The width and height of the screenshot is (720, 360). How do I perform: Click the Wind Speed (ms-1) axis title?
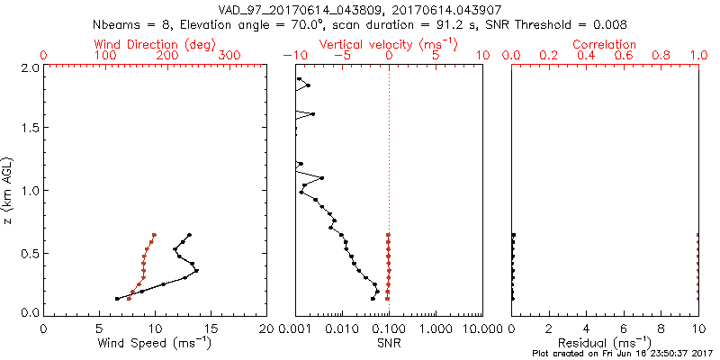click(x=156, y=343)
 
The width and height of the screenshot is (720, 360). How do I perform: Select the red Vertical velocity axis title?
click(x=388, y=43)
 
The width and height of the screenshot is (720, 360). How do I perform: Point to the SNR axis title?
click(x=389, y=343)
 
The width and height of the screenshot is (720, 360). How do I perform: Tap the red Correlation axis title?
click(x=605, y=43)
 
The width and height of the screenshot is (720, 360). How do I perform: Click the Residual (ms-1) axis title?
click(x=605, y=343)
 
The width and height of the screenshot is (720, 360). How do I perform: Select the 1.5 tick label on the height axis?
click(x=30, y=128)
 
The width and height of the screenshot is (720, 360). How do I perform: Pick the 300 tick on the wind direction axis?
click(x=229, y=56)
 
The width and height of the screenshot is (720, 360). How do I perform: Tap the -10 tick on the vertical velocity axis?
click(x=292, y=56)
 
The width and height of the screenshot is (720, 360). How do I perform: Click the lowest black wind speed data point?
click(x=117, y=299)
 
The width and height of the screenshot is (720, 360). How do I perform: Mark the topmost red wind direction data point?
click(x=154, y=235)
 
